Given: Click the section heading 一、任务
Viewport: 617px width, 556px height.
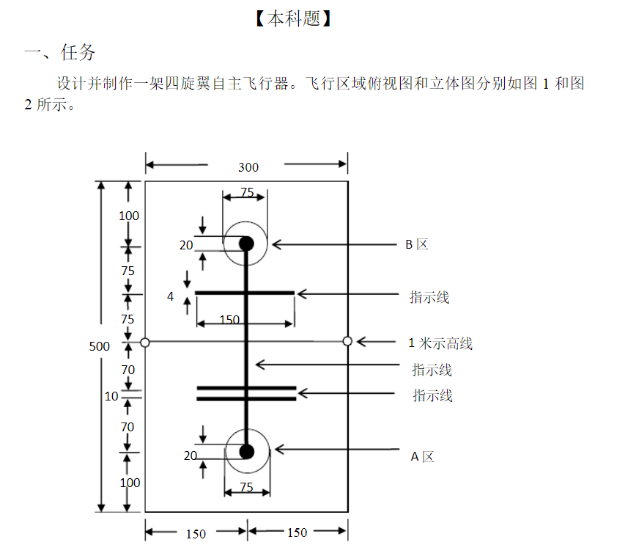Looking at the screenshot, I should (60, 53).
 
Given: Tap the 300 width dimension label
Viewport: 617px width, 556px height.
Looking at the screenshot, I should (248, 167).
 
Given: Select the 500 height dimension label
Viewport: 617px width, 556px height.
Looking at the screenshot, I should (100, 346).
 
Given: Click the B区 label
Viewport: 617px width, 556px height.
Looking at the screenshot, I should (417, 244).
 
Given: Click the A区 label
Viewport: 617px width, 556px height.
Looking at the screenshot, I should (422, 456).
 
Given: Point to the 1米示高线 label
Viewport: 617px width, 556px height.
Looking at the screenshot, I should (440, 343).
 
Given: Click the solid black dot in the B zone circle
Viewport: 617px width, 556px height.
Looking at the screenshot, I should (246, 244).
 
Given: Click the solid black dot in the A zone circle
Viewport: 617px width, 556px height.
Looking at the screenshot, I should (246, 451).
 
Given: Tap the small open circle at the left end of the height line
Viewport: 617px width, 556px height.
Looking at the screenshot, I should (145, 342).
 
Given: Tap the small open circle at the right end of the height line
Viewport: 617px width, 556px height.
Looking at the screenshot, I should (347, 341).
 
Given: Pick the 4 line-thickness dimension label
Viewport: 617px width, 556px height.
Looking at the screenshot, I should (171, 296).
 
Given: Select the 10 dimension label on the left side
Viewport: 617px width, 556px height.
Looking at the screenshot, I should (111, 396).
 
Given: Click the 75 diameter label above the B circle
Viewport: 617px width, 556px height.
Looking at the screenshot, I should (247, 193).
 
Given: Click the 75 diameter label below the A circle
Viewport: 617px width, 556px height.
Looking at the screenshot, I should (246, 487).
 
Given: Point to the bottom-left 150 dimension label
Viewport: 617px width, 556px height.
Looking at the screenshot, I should (196, 534).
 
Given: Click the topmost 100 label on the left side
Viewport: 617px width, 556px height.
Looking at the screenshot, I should (129, 216).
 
